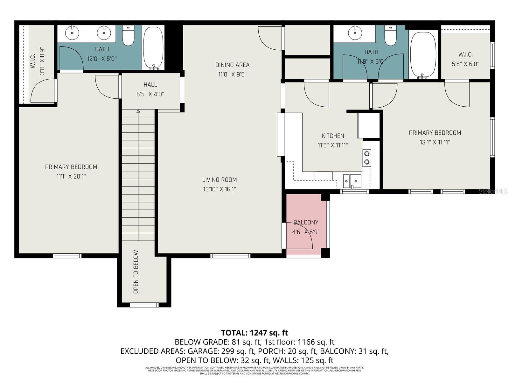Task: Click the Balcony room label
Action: (x=306, y=222)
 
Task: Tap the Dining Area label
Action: (x=232, y=65)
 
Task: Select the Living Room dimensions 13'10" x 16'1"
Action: (x=220, y=189)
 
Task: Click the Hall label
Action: (x=150, y=85)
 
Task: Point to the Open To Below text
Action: (x=136, y=272)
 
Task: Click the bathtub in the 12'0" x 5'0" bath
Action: (x=153, y=48)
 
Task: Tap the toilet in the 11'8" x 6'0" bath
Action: (x=390, y=36)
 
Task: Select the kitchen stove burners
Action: (x=367, y=158)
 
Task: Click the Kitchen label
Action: (x=333, y=136)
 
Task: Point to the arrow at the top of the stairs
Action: (x=138, y=111)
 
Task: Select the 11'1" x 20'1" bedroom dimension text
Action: (x=71, y=176)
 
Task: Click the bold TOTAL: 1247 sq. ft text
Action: (x=254, y=333)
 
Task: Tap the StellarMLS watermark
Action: (x=493, y=191)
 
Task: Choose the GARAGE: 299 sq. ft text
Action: (x=221, y=351)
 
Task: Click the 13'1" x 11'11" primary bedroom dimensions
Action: (x=435, y=142)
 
